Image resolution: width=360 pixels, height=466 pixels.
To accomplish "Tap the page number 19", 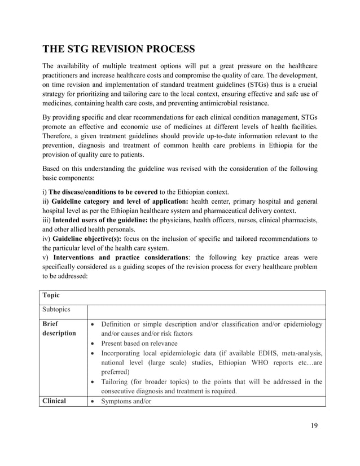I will coord(314,425).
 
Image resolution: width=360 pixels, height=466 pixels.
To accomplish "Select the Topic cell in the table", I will coord(51,295).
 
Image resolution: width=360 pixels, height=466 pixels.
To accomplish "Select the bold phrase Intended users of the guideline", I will coord(100,221).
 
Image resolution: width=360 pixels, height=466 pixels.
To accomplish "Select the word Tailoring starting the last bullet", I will coord(118,381).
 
